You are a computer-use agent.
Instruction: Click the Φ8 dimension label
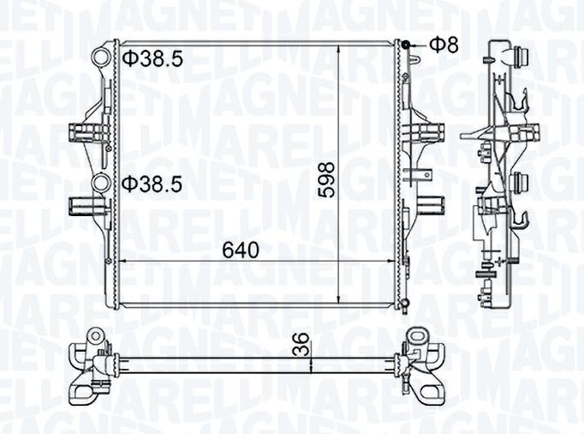(444, 45)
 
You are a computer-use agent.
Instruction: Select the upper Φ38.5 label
(152, 58)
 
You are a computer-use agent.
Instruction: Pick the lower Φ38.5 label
(152, 184)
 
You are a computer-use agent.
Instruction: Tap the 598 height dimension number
(326, 179)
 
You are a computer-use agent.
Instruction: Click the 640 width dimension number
(241, 250)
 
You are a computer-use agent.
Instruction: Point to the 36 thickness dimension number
(302, 344)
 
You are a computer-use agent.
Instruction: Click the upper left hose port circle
(101, 57)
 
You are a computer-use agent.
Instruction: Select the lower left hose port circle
(100, 184)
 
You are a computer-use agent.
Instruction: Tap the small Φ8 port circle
(406, 45)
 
